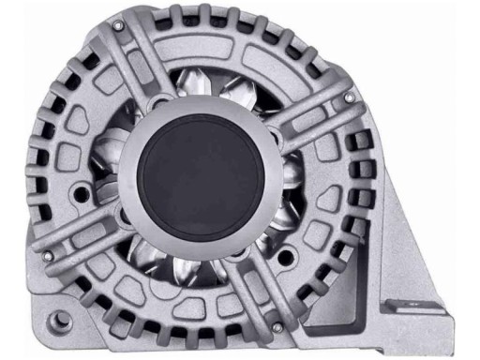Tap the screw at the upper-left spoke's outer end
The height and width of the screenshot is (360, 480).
115,26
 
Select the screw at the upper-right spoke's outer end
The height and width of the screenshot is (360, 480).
349,97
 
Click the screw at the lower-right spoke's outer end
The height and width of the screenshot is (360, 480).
277,326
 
